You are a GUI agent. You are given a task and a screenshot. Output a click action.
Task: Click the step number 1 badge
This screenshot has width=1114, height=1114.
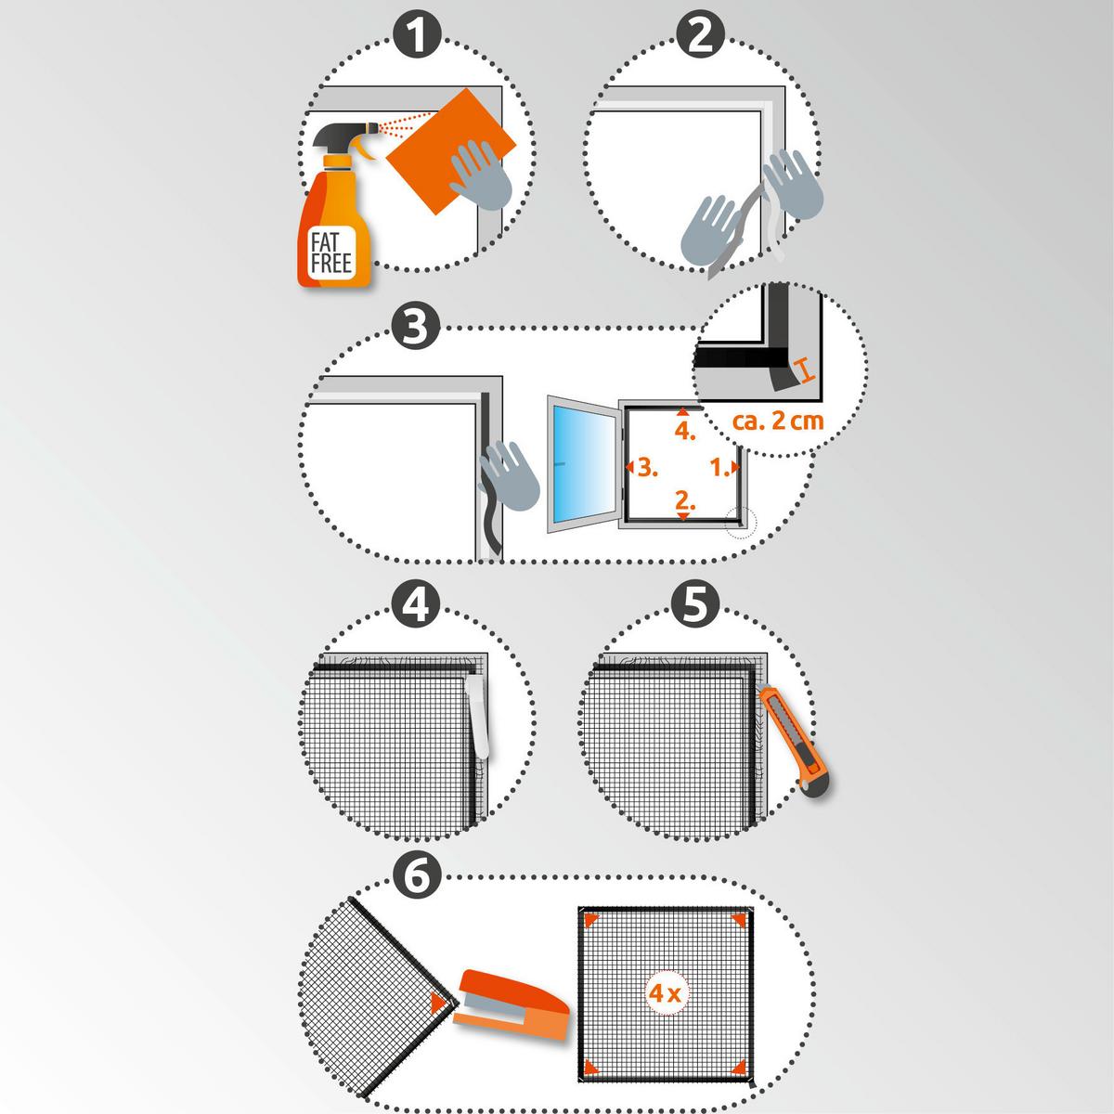[417, 36]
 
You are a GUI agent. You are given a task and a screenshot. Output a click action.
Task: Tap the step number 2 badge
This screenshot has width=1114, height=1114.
[700, 36]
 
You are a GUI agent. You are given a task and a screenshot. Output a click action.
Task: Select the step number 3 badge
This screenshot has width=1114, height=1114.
[416, 327]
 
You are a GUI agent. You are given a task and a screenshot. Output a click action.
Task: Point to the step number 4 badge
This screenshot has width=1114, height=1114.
[416, 605]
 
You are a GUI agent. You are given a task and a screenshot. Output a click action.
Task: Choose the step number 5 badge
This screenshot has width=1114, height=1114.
[695, 604]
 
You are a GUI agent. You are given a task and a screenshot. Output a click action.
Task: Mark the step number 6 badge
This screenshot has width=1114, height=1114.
[417, 876]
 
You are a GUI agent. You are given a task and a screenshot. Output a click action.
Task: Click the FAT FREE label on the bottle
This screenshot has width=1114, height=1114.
[331, 253]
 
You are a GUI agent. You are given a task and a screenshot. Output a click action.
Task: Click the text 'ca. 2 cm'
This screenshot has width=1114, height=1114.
[778, 421]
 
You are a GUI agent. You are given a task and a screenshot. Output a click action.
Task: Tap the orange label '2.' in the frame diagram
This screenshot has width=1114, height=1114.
[685, 500]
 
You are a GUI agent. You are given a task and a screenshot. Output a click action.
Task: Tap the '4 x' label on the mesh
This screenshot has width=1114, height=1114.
[665, 993]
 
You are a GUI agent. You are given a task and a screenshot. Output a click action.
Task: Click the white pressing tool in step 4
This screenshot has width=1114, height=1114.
[478, 717]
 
